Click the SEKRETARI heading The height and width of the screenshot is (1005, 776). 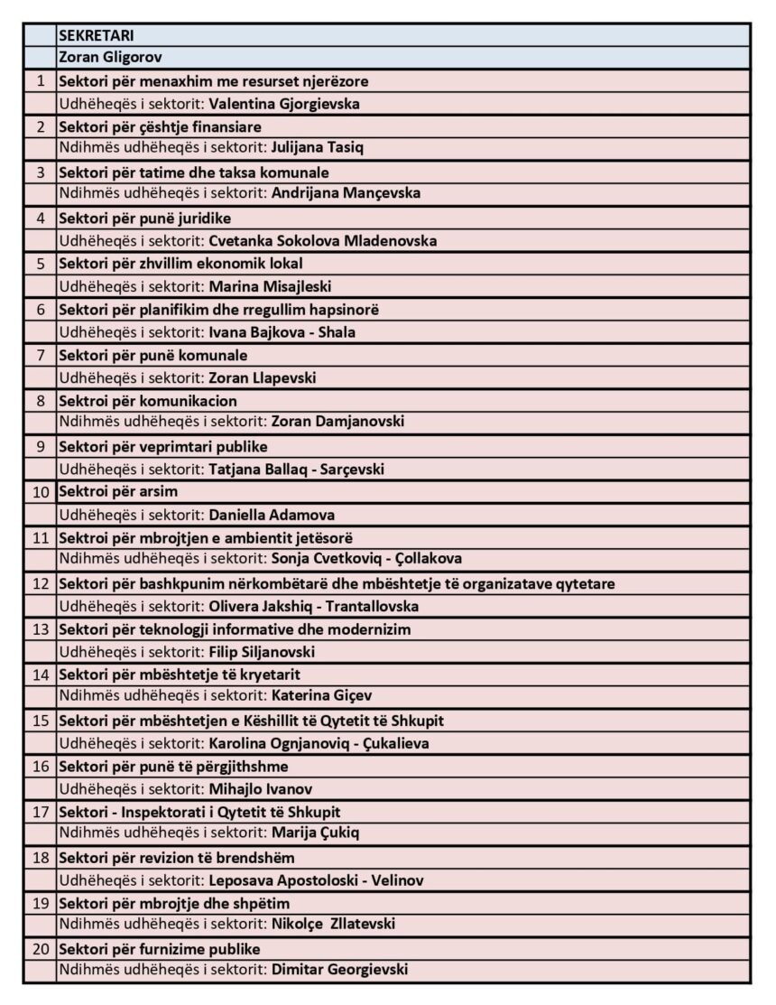pyautogui.click(x=97, y=36)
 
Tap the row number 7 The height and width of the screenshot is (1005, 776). pyautogui.click(x=40, y=355)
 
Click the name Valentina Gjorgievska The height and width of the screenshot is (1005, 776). pyautogui.click(x=284, y=104)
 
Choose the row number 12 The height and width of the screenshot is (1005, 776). pyautogui.click(x=40, y=583)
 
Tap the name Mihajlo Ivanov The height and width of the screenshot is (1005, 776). pyautogui.click(x=261, y=789)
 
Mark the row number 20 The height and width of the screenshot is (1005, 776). pyautogui.click(x=40, y=949)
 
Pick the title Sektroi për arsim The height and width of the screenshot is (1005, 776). pyautogui.click(x=118, y=492)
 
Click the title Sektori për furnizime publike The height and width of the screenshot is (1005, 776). pyautogui.click(x=160, y=949)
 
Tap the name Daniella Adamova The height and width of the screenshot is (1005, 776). pyautogui.click(x=272, y=515)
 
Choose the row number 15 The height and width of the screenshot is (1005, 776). pyautogui.click(x=40, y=721)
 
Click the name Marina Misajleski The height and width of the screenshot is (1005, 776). pyautogui.click(x=271, y=287)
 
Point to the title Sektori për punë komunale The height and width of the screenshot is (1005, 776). pyautogui.click(x=153, y=355)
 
